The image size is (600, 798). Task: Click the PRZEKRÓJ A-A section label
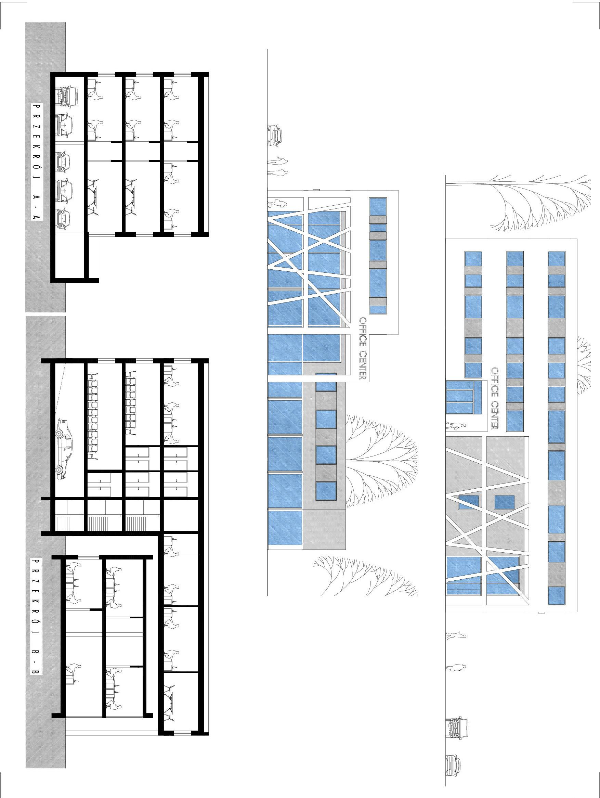pos(37,162)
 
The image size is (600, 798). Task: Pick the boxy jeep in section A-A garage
pos(67,96)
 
